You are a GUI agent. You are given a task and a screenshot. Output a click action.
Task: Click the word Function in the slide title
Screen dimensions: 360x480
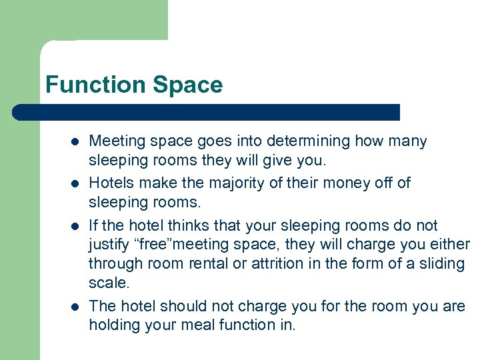pos(96,85)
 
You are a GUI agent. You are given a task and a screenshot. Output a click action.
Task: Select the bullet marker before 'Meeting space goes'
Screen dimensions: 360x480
pos(75,141)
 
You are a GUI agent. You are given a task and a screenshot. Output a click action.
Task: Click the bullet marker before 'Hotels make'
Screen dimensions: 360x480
pos(75,183)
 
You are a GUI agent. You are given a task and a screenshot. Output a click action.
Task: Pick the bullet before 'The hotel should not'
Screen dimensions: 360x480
pos(75,307)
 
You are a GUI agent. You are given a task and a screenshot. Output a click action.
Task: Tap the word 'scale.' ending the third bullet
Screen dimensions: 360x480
pos(108,283)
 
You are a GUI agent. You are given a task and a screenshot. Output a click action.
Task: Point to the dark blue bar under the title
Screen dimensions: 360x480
pos(207,112)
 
